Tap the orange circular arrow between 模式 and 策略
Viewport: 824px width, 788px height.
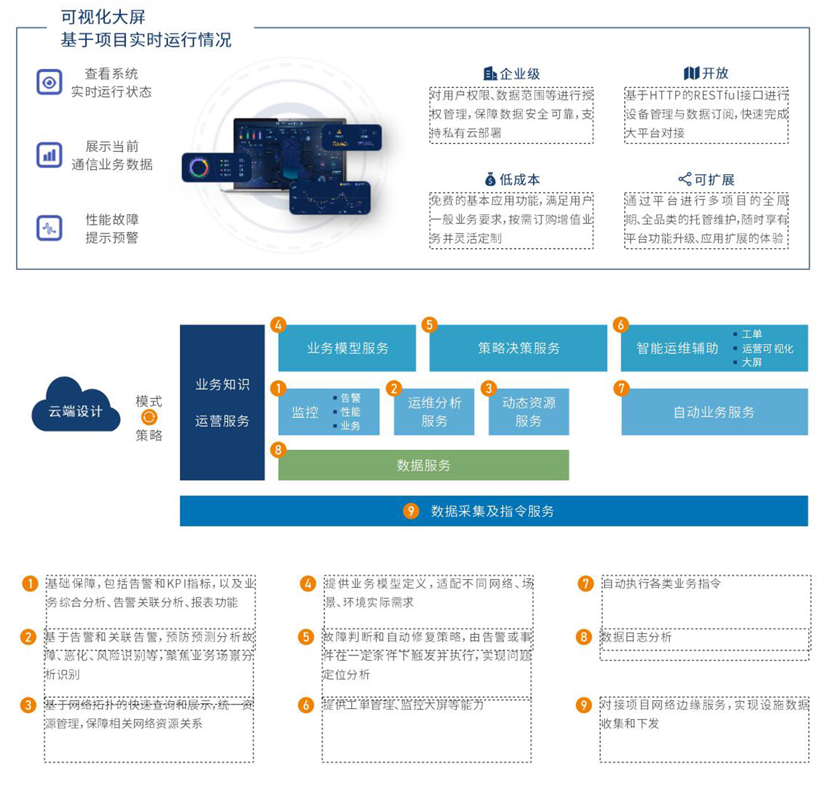(x=149, y=417)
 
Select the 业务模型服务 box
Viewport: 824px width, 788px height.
(x=347, y=348)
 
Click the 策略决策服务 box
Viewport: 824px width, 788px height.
(x=518, y=348)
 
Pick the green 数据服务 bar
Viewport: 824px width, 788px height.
(x=423, y=465)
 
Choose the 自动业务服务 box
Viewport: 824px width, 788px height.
(x=714, y=412)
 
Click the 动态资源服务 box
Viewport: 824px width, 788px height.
(x=529, y=412)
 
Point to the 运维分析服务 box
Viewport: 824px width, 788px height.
(x=434, y=412)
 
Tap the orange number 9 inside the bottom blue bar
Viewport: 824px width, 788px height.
(x=411, y=511)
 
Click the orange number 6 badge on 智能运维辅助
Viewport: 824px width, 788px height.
(x=621, y=325)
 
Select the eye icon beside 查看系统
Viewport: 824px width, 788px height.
(x=49, y=82)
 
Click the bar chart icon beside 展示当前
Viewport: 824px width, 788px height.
(x=49, y=155)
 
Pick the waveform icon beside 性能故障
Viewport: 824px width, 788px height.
(x=49, y=228)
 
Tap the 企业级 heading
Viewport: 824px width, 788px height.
(x=519, y=74)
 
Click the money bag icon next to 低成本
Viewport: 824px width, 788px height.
(x=490, y=179)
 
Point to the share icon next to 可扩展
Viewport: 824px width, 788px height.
(x=685, y=179)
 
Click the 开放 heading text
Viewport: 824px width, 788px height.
(x=715, y=73)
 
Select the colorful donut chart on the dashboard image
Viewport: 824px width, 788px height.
(x=198, y=168)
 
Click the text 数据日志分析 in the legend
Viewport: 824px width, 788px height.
(x=636, y=637)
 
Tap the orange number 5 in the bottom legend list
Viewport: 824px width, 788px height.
(x=306, y=637)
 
